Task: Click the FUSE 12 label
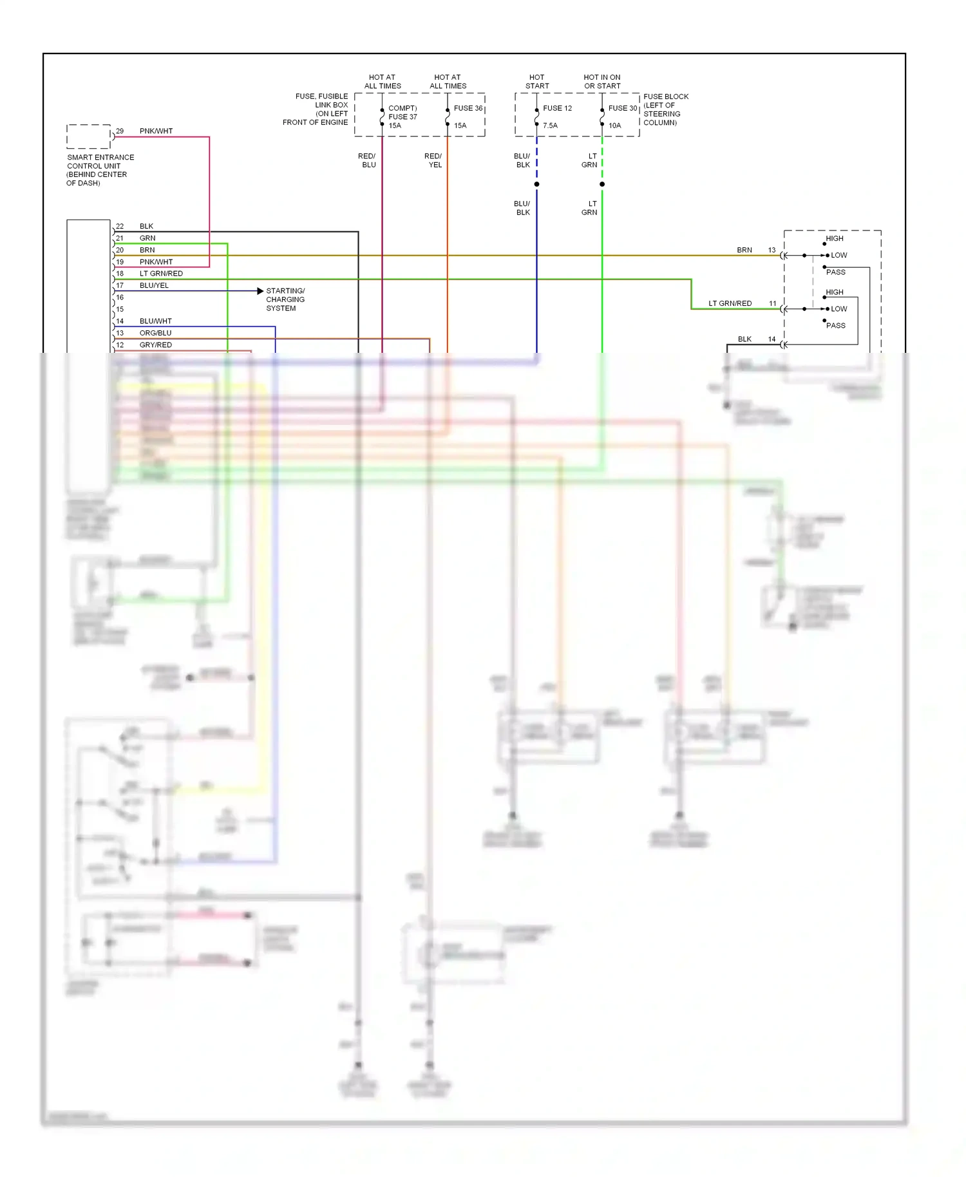click(557, 108)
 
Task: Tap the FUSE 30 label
click(622, 108)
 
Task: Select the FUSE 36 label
click(468, 108)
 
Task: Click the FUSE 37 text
click(402, 117)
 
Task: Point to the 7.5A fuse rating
click(550, 126)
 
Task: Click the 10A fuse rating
click(614, 126)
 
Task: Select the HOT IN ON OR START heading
click(601, 81)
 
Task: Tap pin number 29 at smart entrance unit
click(120, 131)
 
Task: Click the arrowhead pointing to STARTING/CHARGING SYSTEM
click(260, 291)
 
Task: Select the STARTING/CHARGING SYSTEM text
click(285, 299)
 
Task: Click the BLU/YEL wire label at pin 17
click(154, 285)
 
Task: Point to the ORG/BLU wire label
click(155, 333)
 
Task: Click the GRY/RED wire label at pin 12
click(155, 345)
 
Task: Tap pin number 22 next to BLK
click(120, 226)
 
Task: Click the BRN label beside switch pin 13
click(744, 250)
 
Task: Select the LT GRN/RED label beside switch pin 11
click(730, 303)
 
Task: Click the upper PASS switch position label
click(835, 272)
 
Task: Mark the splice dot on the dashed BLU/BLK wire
click(536, 184)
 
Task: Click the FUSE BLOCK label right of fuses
click(665, 109)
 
